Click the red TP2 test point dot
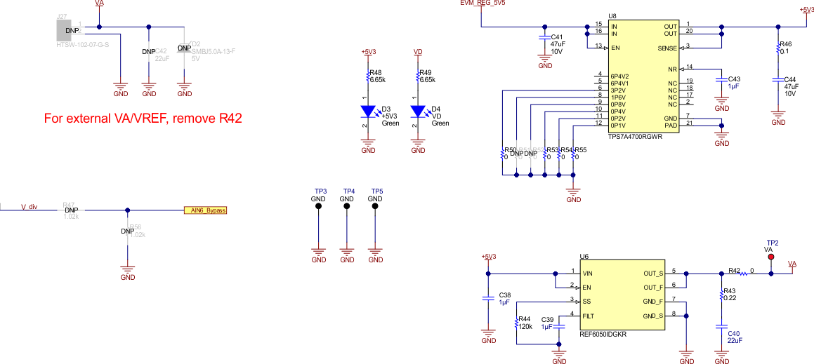coord(771,257)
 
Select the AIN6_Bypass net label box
coord(205,210)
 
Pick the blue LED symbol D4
coord(419,111)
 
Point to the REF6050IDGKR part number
coord(602,335)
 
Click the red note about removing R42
coord(143,119)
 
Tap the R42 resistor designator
coord(734,269)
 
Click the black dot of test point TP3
coord(318,207)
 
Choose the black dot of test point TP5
coord(375,207)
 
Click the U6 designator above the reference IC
coord(584,257)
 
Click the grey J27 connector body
coord(69,31)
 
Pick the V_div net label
coord(28,207)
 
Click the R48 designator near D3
coord(376,72)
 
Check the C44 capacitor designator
coord(790,79)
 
